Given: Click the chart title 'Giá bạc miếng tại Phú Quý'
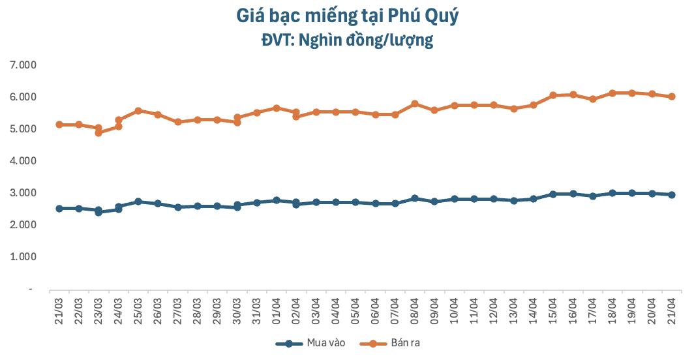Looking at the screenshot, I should [346, 15].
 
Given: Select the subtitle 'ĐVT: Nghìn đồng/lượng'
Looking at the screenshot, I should [346, 40].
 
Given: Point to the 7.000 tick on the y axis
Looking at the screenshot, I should [23, 65].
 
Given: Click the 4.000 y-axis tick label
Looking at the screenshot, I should [23, 161].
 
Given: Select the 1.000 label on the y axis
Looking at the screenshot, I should [23, 257].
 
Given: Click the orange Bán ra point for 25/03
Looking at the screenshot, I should [138, 111].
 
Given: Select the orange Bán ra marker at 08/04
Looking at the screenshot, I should [415, 104].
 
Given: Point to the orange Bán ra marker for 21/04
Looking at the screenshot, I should [672, 97].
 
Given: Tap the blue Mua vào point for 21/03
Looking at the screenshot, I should [59, 209].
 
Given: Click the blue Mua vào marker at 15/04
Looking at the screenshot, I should [553, 194].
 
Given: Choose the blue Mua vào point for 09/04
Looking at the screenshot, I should [434, 202].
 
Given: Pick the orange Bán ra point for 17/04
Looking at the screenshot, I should [593, 99].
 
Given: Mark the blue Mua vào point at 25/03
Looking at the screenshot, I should [138, 202].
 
